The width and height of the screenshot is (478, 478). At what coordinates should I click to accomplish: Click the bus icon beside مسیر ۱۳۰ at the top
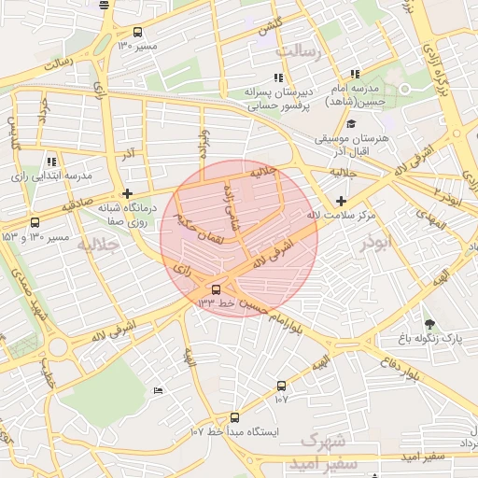[138, 32]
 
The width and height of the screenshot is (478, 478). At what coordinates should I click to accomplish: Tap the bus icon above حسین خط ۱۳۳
[217, 289]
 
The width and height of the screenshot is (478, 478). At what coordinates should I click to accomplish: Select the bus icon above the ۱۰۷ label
[281, 386]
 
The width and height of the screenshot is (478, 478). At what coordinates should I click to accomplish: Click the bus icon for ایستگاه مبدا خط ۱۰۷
[233, 418]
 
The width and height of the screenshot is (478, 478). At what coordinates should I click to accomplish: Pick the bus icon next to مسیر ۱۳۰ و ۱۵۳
[35, 222]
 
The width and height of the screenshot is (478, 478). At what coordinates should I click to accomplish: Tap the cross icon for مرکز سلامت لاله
[341, 201]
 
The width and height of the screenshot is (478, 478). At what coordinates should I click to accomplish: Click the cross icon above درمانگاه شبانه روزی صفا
[127, 193]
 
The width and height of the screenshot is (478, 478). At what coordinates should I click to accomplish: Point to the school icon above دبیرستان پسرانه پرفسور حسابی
[277, 78]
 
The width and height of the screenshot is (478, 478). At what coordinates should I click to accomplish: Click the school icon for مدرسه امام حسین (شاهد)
[355, 74]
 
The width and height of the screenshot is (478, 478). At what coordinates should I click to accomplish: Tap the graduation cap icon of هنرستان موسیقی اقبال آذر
[351, 123]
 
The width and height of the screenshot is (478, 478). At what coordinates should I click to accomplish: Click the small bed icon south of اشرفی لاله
[157, 389]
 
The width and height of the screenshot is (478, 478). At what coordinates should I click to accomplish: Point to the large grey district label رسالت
[319, 52]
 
